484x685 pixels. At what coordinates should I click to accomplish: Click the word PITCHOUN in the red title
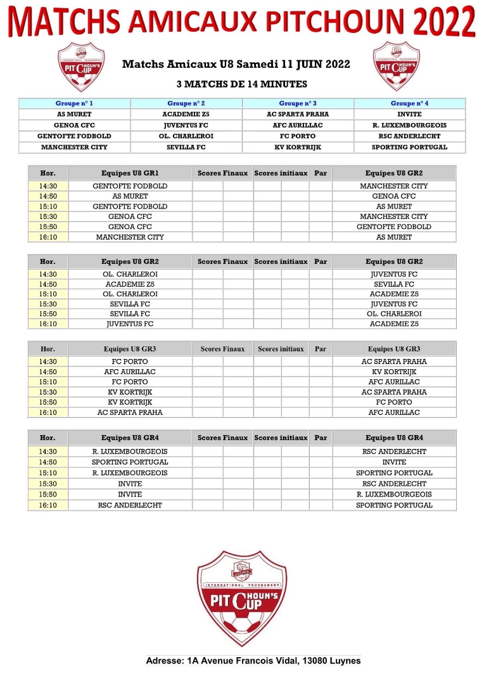(x=338, y=23)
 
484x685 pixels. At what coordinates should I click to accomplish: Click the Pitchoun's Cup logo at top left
(x=81, y=65)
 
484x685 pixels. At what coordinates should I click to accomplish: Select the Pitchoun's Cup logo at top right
(x=396, y=65)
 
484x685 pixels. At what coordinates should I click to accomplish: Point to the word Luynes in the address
(x=345, y=661)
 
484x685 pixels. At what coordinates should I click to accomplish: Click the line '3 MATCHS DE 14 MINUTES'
(x=241, y=84)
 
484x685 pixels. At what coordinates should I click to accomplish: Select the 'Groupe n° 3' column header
(x=298, y=103)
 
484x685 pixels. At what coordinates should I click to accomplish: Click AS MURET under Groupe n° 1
(x=74, y=114)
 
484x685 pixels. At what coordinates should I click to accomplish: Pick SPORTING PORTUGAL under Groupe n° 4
(x=409, y=147)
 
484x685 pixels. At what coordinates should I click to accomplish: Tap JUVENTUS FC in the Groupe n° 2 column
(x=186, y=126)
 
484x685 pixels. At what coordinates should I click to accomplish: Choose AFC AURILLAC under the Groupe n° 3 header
(x=298, y=126)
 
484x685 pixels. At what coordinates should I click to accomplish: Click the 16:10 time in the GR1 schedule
(x=48, y=237)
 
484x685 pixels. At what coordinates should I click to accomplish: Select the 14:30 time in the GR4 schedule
(x=48, y=452)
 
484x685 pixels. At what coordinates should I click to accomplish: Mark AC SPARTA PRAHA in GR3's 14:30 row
(x=393, y=362)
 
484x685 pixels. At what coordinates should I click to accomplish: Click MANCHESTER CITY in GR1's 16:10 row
(x=130, y=237)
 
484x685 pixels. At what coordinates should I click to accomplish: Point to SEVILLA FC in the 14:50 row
(x=393, y=284)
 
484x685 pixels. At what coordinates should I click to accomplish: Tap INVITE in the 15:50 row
(x=130, y=494)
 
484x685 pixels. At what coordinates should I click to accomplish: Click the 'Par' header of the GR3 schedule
(x=321, y=349)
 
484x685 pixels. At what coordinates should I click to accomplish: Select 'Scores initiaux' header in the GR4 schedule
(x=281, y=438)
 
